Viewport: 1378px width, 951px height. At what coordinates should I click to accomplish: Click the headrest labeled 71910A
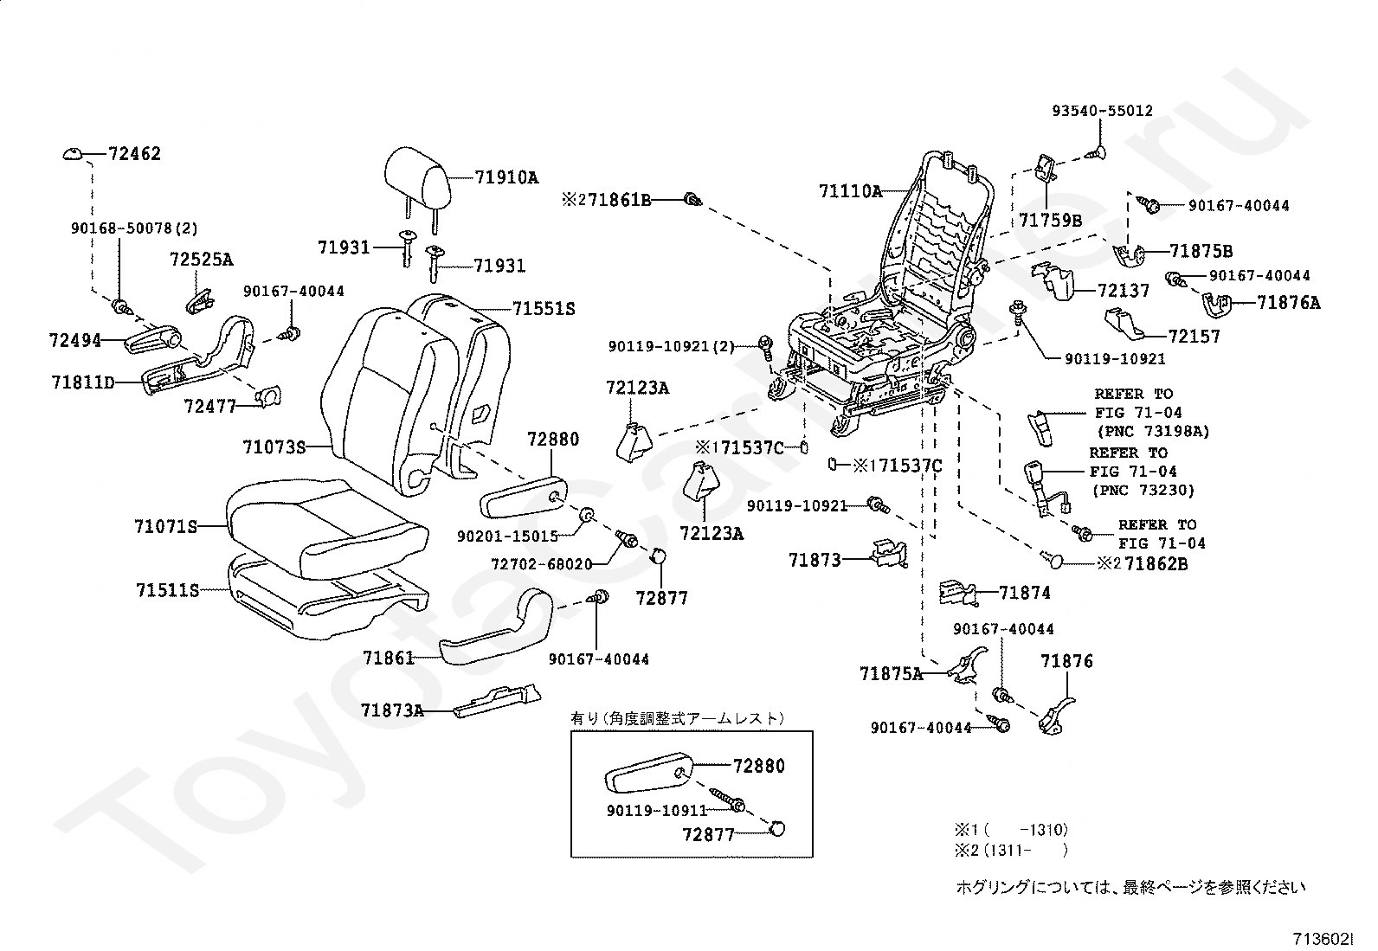[x=418, y=178]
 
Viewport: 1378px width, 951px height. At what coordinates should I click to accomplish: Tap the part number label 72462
[x=135, y=154]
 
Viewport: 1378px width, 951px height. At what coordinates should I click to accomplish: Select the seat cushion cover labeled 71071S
[x=326, y=529]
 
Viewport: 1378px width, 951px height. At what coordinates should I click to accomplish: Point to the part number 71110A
[x=850, y=191]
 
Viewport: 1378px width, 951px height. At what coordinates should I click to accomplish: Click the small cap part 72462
[x=74, y=154]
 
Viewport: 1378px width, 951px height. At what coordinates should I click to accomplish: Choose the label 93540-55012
[x=1103, y=111]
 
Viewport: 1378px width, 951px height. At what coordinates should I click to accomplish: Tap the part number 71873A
[x=392, y=710]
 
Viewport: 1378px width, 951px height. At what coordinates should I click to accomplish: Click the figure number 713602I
[x=1322, y=939]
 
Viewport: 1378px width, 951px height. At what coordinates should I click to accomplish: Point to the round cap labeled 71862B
[x=1053, y=561]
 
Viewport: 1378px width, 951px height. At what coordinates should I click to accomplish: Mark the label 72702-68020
[x=541, y=564]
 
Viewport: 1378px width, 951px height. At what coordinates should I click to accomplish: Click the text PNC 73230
[x=1143, y=491]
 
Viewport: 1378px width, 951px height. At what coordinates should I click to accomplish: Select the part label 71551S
[x=544, y=309]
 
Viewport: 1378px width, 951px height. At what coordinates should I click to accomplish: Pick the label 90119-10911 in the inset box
[x=657, y=811]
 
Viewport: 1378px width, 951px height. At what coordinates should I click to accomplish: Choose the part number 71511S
[x=167, y=590]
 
